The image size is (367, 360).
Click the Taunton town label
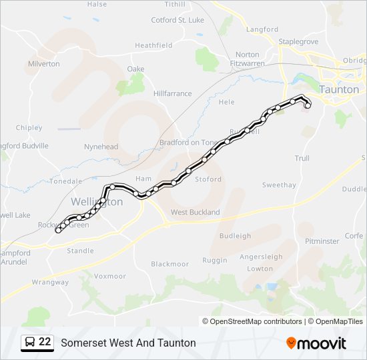point(339,89)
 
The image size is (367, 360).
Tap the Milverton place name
point(44,64)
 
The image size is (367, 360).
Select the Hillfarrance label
point(172,94)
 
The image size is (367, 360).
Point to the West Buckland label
point(195,212)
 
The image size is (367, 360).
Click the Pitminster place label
point(322,241)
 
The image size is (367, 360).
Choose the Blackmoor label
point(170,264)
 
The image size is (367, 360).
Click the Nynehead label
point(101,147)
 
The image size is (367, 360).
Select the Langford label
point(262,29)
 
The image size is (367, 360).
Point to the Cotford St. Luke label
point(177,20)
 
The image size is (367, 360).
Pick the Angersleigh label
point(261,257)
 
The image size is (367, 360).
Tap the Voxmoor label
point(110,276)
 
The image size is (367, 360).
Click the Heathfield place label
point(153,45)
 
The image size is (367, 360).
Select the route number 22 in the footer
point(45,342)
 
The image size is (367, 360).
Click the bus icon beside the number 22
point(29,343)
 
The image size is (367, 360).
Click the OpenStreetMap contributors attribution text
point(256,321)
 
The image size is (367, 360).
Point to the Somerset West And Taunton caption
point(128,343)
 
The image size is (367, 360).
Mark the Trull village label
point(302,158)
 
